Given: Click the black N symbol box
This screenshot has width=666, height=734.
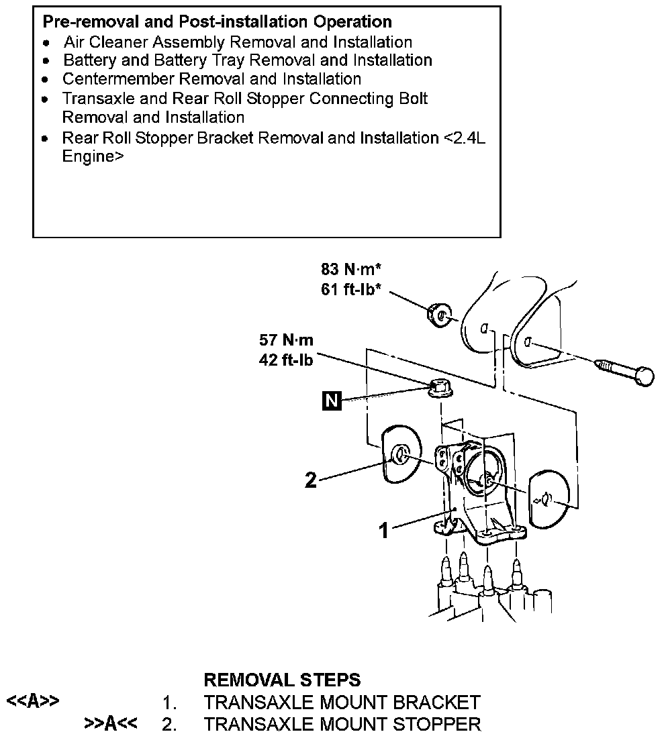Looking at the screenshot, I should tap(331, 401).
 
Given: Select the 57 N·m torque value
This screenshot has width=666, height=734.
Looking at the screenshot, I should tap(286, 339).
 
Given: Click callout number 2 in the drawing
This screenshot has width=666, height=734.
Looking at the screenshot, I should tap(310, 480).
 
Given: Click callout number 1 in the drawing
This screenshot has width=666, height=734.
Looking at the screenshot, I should tap(383, 531).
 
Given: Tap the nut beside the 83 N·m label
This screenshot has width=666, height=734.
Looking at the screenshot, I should tap(439, 313).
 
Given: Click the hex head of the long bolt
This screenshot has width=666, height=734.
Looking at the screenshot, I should tap(644, 376).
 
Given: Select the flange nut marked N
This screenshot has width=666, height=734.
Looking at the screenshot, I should tap(438, 388).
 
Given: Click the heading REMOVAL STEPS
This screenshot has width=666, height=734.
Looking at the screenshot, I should tap(282, 680).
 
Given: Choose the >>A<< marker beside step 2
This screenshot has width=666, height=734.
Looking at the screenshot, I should tap(111, 723).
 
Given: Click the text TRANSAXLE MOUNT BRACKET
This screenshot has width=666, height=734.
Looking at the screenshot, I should tap(342, 702).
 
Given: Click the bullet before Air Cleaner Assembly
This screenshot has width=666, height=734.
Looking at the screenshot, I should tap(46, 42).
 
